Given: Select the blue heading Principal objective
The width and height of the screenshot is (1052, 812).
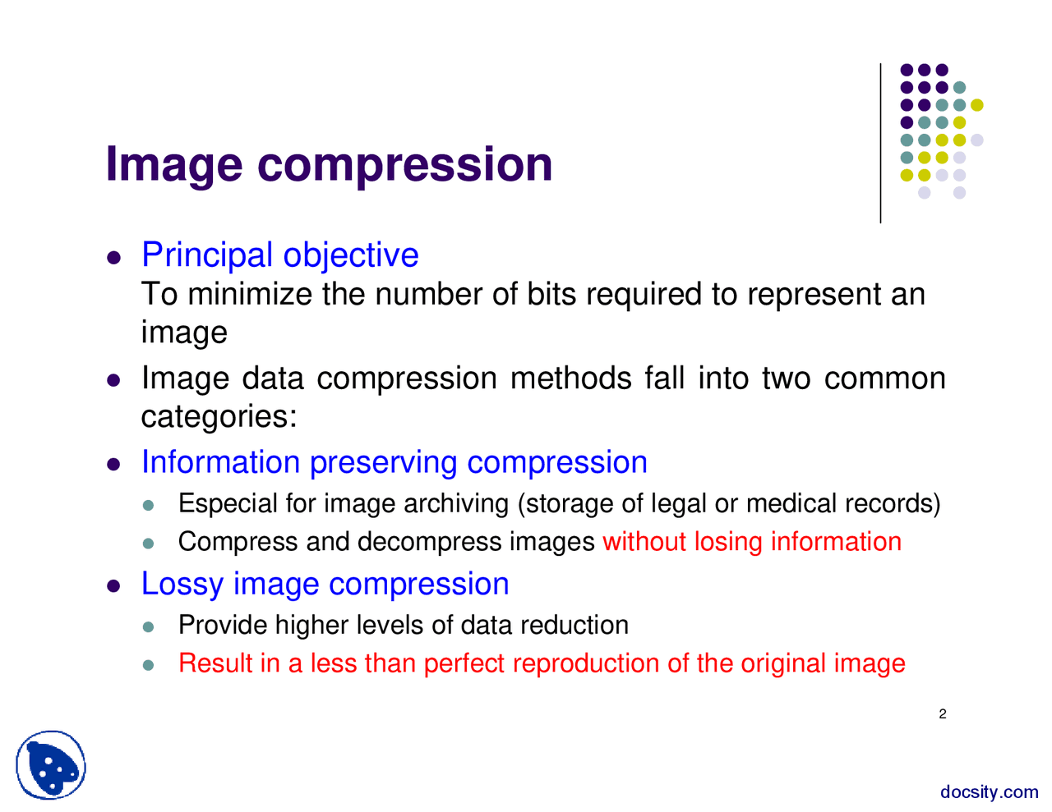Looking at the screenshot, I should pos(279,255).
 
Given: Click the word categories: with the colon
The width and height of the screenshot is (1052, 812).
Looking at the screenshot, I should pos(219,416).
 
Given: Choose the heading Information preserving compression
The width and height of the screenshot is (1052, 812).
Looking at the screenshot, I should pos(394,462).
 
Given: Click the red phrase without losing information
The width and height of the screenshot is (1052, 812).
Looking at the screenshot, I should pos(751,542).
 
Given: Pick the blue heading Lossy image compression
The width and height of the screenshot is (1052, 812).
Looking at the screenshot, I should pos(325,584).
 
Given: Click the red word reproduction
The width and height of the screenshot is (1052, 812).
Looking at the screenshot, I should pos(586,663).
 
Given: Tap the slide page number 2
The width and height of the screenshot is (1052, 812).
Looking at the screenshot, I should pos(943,714).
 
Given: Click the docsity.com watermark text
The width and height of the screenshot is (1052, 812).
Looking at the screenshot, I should pos(989,792).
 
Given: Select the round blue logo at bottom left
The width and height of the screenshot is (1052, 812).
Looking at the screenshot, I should pos(51,765).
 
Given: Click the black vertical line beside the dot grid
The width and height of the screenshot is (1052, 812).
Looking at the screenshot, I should pos(881,144).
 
